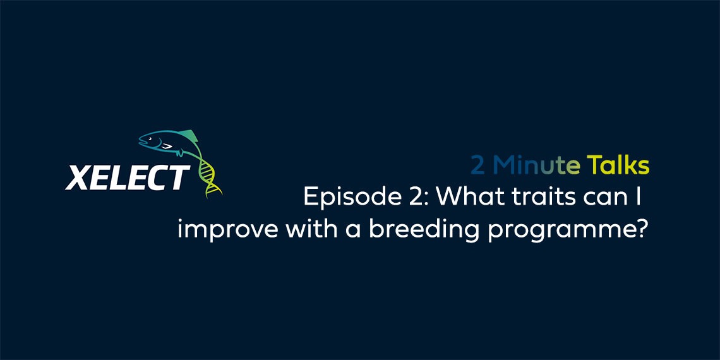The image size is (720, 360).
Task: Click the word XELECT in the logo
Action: [127, 177]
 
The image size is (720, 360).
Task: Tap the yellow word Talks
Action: [618, 165]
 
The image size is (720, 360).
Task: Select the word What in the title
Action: [465, 198]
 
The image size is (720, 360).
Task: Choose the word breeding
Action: [424, 229]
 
